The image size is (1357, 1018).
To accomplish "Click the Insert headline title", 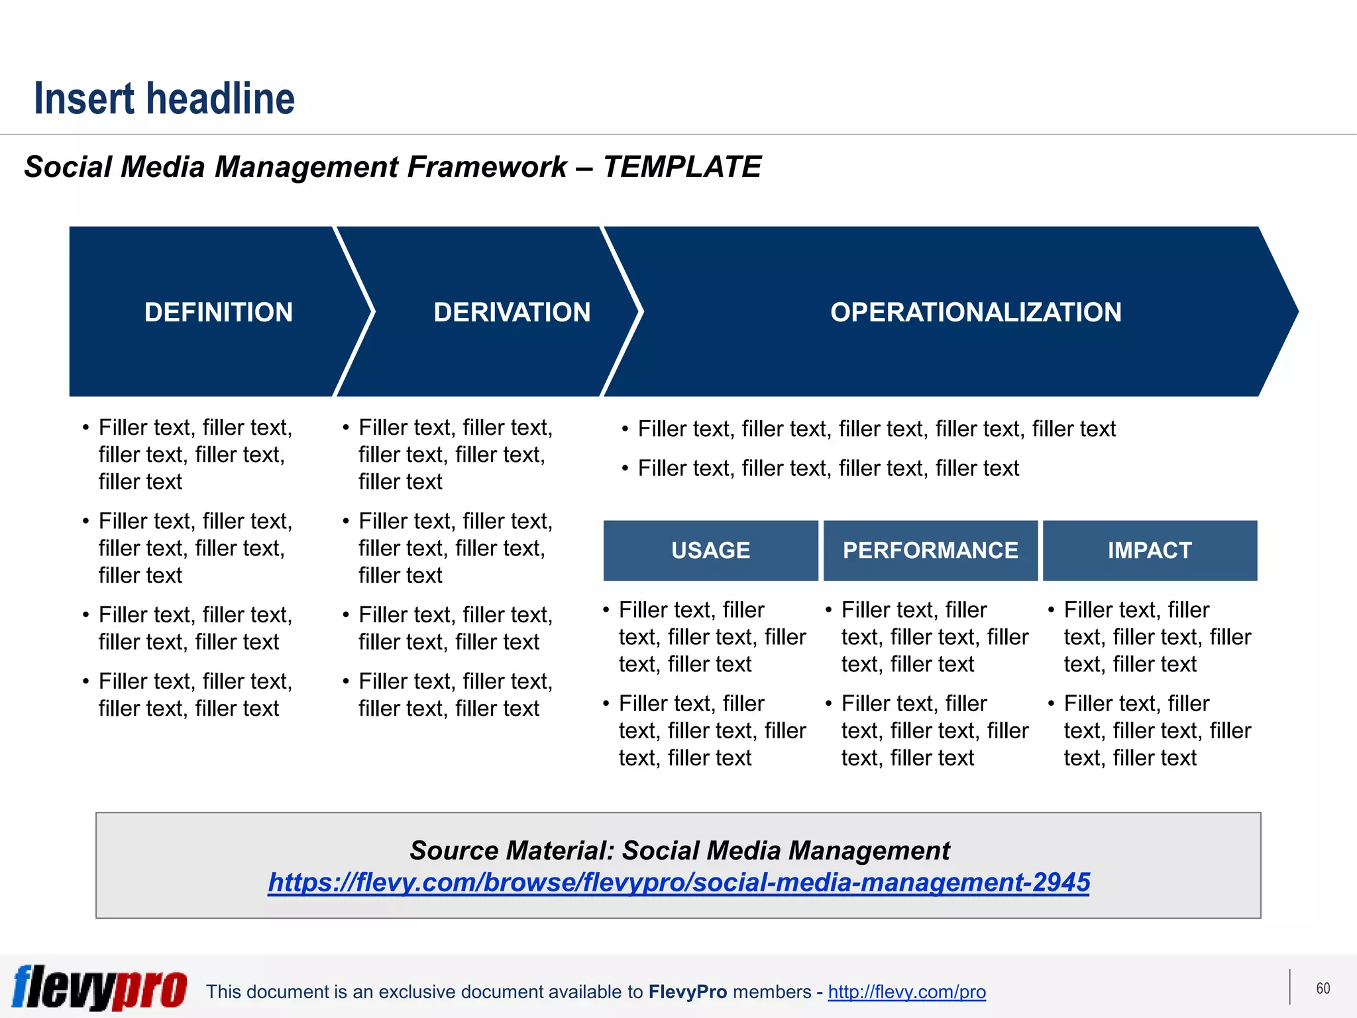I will [164, 99].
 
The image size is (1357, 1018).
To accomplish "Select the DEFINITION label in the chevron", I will [219, 312].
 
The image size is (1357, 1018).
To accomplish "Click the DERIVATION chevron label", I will [512, 312].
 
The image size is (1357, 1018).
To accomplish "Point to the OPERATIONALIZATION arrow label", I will [975, 312].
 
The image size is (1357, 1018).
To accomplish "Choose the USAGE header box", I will [710, 551].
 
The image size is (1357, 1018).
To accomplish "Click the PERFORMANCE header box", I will [930, 551].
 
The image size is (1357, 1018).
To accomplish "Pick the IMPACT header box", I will [1150, 551].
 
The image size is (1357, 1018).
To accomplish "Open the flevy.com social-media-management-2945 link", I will [678, 883].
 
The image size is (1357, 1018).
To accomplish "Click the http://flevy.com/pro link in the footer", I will [906, 992].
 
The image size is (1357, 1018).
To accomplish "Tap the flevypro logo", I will [99, 988].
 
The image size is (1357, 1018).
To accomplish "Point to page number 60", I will [1323, 988].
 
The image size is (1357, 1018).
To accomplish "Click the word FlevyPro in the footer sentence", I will [688, 992].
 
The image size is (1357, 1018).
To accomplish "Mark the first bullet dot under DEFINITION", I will [86, 428].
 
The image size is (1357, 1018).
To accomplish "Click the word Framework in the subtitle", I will [487, 167].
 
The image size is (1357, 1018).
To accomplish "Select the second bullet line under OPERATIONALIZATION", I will [828, 469].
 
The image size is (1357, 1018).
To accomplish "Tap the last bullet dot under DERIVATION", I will [346, 682].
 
